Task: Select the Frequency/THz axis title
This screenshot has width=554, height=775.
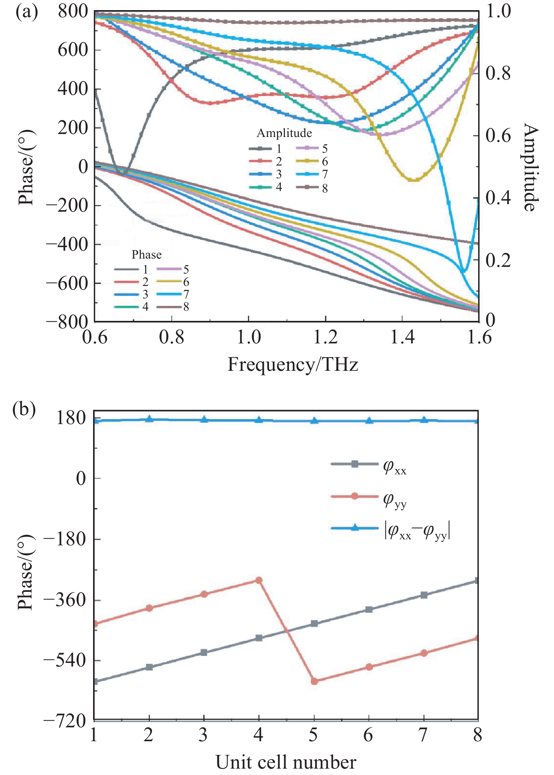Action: [x=293, y=364]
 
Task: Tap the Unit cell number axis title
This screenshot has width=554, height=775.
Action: [x=286, y=763]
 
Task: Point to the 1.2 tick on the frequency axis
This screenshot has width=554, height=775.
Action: [x=325, y=337]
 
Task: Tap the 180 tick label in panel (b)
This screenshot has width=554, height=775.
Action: [x=71, y=418]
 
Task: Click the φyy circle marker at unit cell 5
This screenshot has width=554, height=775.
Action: [x=315, y=681]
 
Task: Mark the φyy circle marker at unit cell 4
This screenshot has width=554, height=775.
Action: [x=259, y=580]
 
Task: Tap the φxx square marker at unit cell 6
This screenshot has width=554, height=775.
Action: [x=369, y=609]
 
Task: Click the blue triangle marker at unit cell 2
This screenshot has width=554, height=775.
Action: [x=149, y=419]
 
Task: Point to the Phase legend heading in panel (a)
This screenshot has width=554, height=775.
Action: [x=146, y=255]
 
